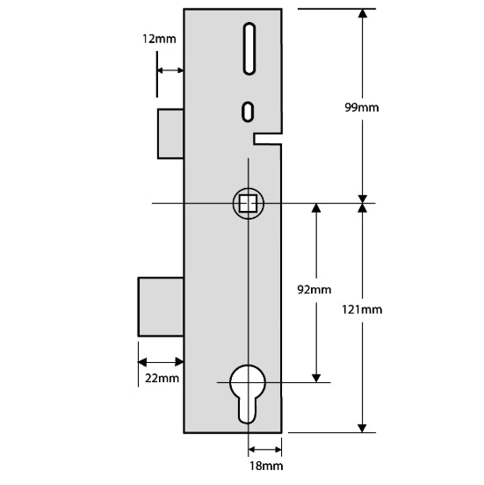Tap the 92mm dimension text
click(314, 289)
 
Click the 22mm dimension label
click(161, 378)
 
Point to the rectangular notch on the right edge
click(268, 136)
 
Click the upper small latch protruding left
click(170, 134)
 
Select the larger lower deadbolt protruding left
click(161, 307)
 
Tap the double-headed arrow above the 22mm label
click(161, 361)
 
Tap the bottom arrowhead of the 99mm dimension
click(362, 197)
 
